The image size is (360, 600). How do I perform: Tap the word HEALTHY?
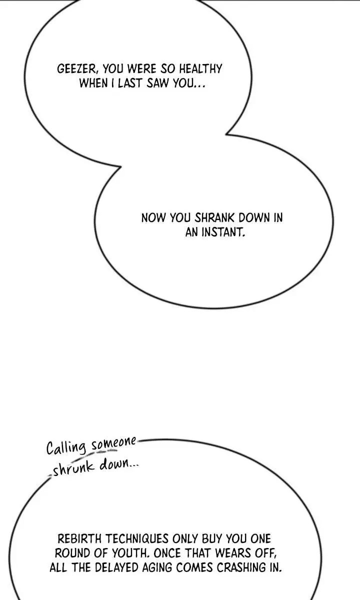200,69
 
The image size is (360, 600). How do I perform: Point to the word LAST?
129,83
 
